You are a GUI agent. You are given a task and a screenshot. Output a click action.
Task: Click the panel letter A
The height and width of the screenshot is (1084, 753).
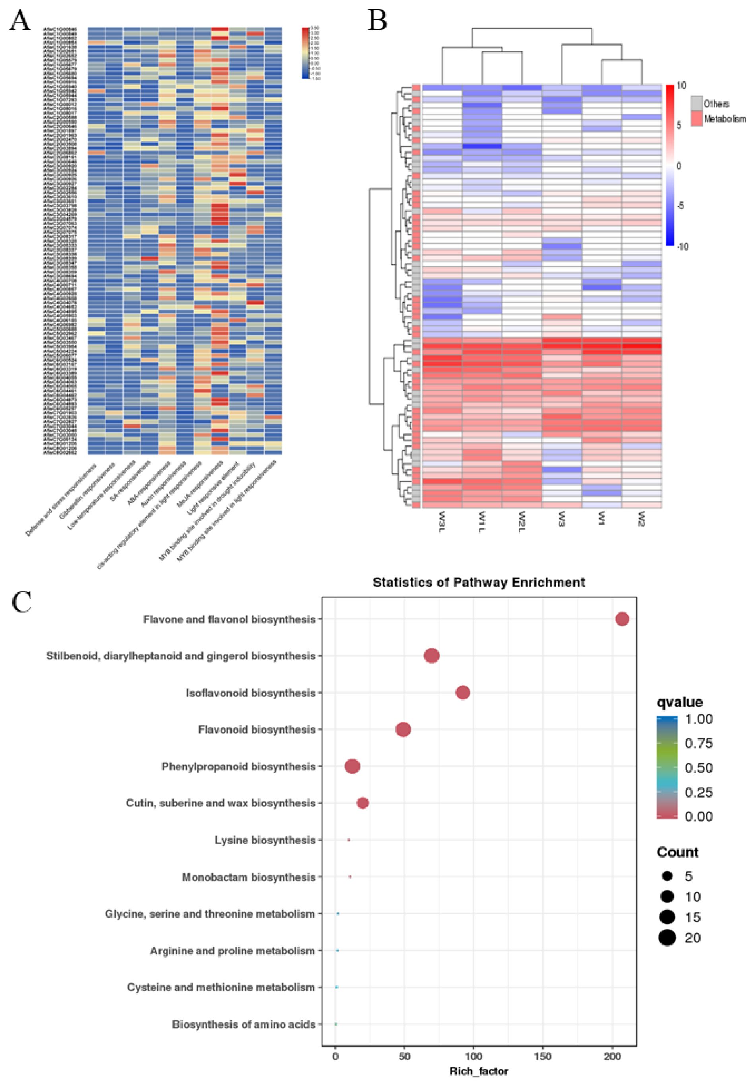pos(20,21)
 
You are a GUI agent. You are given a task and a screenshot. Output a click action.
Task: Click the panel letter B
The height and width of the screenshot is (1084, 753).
pos(377,21)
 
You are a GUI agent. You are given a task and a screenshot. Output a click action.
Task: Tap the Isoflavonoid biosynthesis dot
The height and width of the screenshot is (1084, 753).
pos(463,693)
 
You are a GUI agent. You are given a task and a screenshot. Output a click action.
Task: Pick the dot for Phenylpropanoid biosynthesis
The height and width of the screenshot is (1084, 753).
pos(352,766)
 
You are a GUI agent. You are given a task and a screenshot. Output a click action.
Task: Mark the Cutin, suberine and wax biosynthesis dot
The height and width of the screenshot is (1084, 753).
pos(362,803)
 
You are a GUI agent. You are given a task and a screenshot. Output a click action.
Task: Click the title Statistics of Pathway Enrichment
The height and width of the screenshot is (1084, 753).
pos(478,582)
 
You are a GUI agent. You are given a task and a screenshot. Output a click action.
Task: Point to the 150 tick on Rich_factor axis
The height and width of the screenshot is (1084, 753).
pos(542,1056)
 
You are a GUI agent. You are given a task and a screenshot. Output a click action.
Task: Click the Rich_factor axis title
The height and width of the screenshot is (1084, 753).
pos(478,1071)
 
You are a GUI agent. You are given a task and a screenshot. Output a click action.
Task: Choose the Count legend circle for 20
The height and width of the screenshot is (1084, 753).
pos(667,938)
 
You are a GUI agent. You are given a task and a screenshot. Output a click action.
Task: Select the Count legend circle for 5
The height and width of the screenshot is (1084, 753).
pos(667,876)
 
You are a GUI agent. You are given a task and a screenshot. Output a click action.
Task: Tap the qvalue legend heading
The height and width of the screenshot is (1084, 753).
pos(679,703)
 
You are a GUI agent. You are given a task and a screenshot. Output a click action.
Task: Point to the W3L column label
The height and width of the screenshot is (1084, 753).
pos(442,521)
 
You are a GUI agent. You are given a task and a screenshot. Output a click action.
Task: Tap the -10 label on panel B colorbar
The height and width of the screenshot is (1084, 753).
pos(682,247)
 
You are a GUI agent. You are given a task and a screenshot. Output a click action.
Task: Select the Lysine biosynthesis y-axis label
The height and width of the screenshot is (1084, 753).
pos(265,840)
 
